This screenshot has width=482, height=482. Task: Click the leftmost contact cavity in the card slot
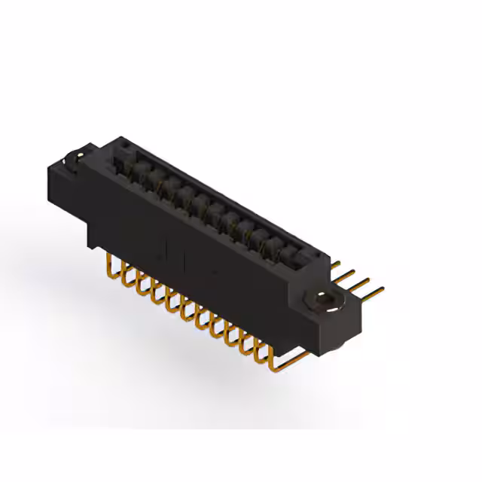tap(120, 161)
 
